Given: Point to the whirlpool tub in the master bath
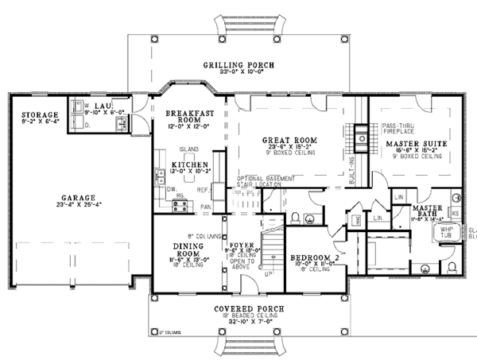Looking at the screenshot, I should (x=442, y=232).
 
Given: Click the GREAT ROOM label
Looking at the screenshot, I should (x=290, y=140).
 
